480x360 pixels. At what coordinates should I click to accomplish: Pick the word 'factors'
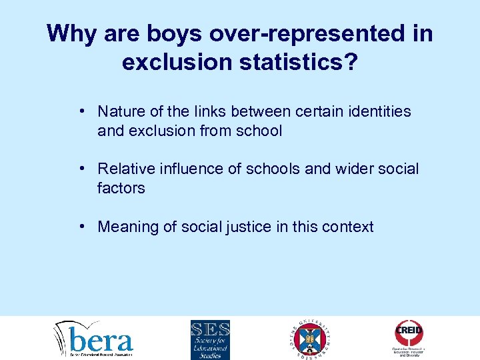(121, 188)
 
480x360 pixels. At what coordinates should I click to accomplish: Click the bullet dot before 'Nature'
(80, 111)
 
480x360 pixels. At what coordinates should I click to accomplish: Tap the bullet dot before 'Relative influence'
(80, 169)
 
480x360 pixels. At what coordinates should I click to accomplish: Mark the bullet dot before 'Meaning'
(80, 227)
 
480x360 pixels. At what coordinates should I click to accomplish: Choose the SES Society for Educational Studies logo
(210, 339)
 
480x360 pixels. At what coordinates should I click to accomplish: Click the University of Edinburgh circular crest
(312, 338)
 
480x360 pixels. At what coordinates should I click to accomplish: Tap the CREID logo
(409, 337)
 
